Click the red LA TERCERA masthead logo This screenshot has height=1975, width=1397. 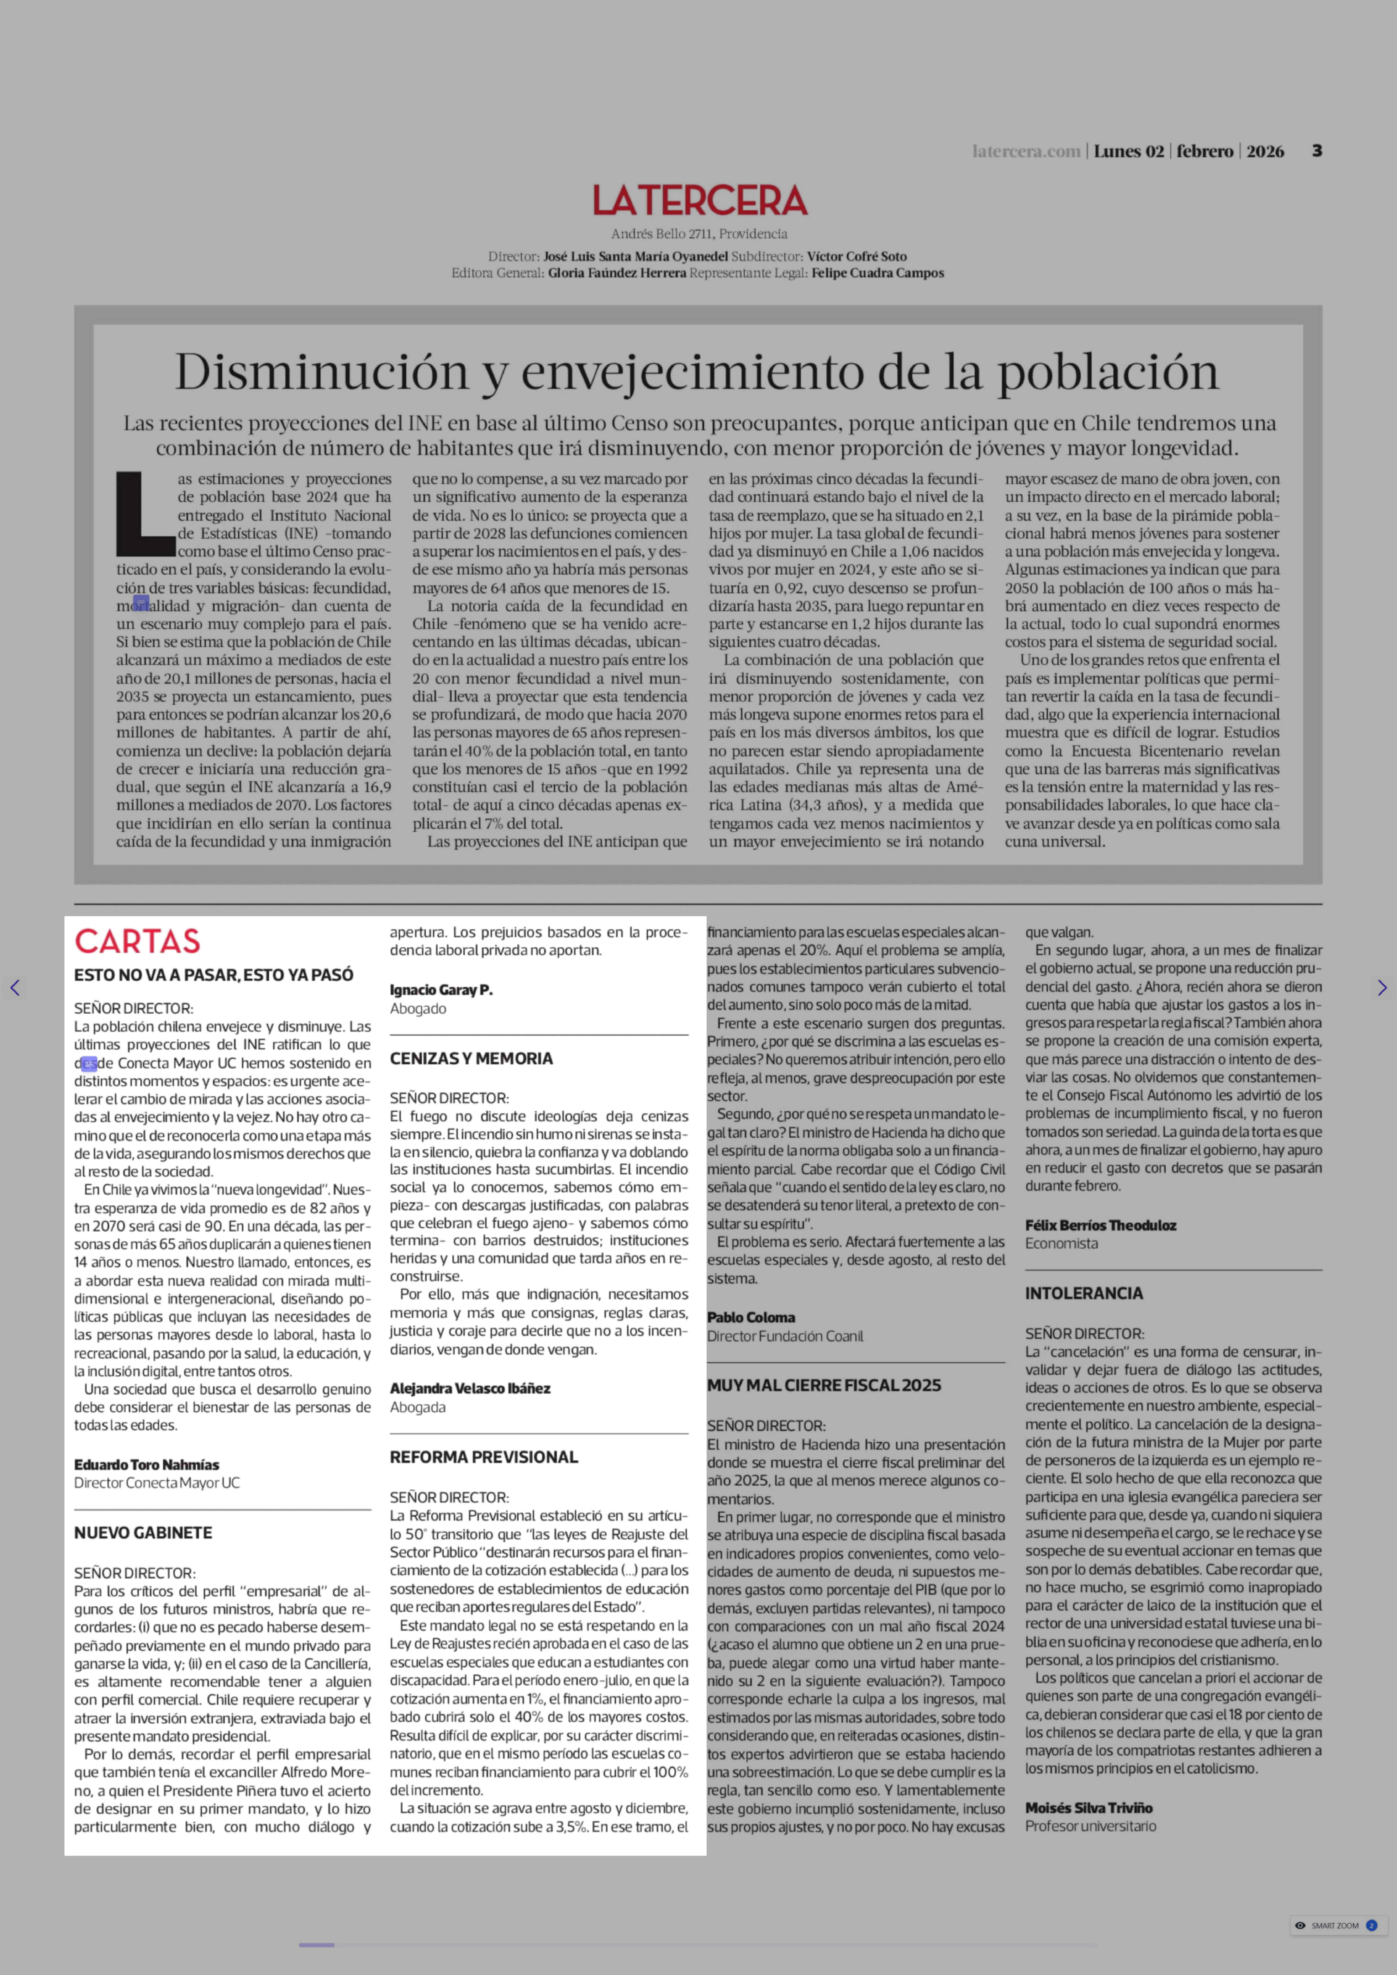(699, 200)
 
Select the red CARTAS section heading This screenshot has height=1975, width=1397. (138, 941)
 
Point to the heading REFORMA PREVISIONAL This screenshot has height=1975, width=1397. (484, 1456)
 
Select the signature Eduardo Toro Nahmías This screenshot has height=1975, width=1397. (146, 1464)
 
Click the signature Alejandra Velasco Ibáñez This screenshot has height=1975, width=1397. (470, 1387)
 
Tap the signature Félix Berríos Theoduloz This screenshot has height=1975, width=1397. (1100, 1225)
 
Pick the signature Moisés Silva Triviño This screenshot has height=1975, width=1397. (1088, 1807)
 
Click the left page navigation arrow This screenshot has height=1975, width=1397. (15, 988)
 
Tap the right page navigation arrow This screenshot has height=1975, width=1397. (1382, 988)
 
